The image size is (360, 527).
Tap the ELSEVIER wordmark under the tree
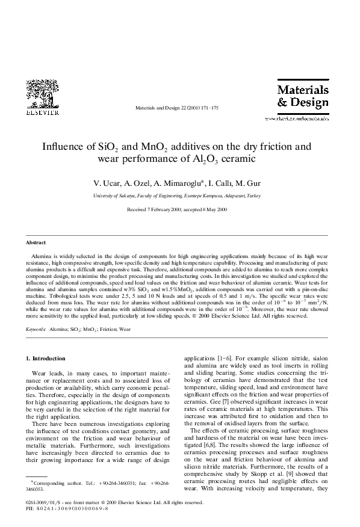coord(42,111)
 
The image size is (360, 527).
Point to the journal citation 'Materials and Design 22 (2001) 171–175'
coord(176,108)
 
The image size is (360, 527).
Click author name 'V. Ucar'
coord(104,183)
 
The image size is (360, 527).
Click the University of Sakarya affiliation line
coord(176,196)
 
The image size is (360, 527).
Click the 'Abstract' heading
coord(36,242)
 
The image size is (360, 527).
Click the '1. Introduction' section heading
coord(45,359)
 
